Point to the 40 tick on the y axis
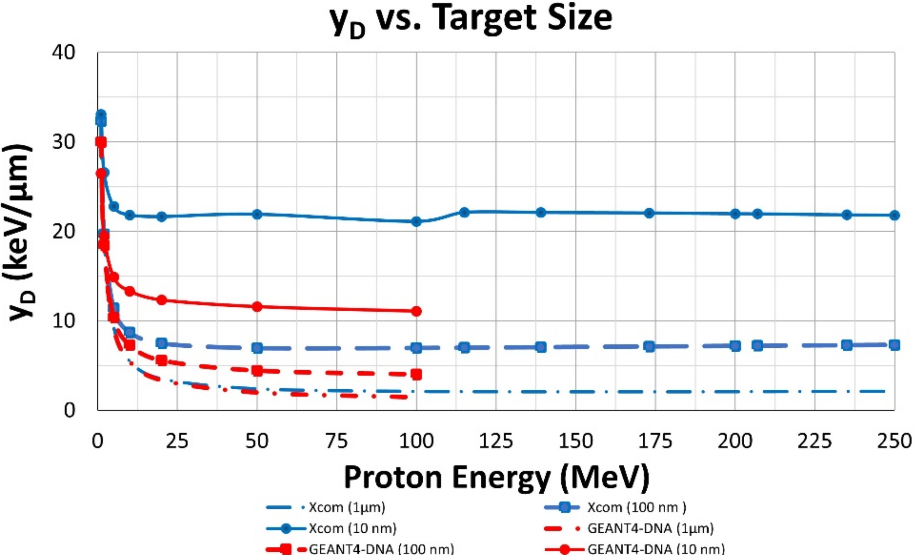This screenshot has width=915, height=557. tap(63, 52)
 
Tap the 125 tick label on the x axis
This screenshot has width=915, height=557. tap(496, 442)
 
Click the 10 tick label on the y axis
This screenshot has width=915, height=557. tap(63, 321)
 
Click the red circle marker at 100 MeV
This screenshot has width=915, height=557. tap(417, 311)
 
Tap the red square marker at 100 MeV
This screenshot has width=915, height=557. tap(417, 374)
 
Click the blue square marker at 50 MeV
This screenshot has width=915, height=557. tap(257, 348)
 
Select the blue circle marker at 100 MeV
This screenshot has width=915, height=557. tap(417, 222)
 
